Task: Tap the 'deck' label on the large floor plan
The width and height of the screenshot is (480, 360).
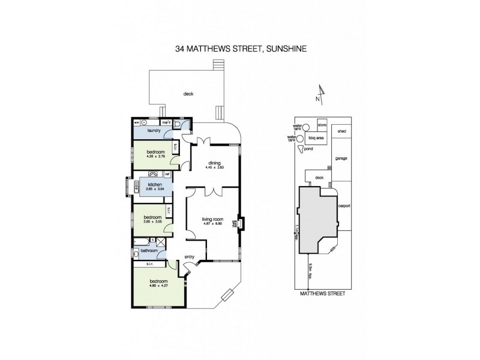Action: (x=188, y=94)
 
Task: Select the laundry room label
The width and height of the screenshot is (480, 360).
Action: (x=154, y=130)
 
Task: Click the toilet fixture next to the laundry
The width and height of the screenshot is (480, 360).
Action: (x=187, y=124)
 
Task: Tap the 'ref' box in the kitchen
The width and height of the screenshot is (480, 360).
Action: (x=167, y=174)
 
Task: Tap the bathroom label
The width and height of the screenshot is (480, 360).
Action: (x=148, y=251)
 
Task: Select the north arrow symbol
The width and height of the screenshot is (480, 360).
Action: (x=322, y=95)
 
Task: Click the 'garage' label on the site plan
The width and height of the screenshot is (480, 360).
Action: (x=341, y=159)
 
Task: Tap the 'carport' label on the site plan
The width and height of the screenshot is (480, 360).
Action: (x=344, y=206)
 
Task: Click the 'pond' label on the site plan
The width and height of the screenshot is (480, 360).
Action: (x=308, y=148)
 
